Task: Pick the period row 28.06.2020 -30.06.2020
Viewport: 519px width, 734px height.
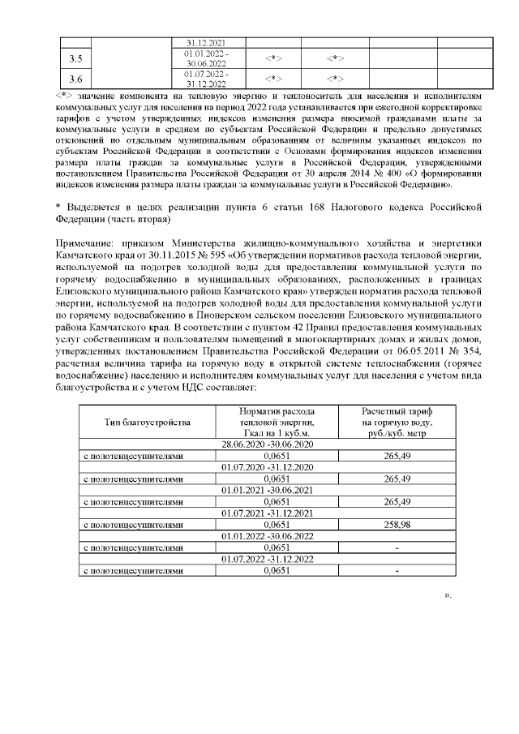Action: (268, 444)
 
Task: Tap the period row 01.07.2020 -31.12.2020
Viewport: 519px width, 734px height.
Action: (268, 467)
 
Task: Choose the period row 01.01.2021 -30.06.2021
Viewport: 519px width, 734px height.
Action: (268, 490)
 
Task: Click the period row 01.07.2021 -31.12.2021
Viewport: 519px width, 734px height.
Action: (268, 513)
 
